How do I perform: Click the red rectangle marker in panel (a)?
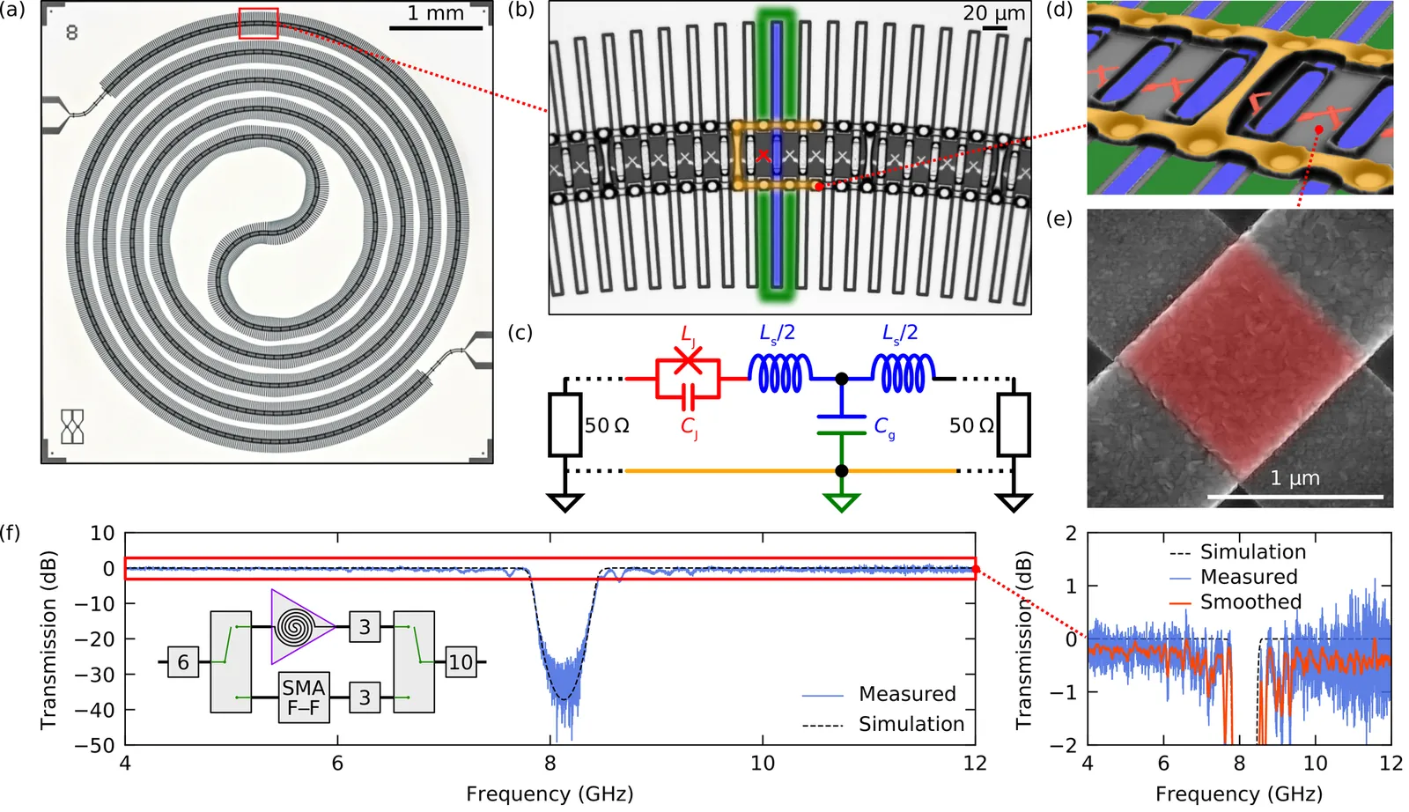(x=258, y=24)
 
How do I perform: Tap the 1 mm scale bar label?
(x=435, y=13)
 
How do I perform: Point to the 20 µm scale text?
(x=993, y=13)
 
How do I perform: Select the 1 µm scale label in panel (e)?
(x=1295, y=478)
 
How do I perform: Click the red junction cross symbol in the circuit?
(x=688, y=361)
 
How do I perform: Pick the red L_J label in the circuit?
(x=689, y=335)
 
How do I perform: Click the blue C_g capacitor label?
(x=884, y=427)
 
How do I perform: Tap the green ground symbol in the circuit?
(x=842, y=503)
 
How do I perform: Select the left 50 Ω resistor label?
(x=607, y=425)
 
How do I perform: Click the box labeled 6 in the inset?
(x=183, y=662)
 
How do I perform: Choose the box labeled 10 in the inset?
(x=461, y=662)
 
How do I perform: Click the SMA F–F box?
(x=304, y=698)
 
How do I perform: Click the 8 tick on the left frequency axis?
(x=550, y=763)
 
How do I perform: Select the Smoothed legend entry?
(x=1250, y=602)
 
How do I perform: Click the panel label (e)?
(x=1059, y=218)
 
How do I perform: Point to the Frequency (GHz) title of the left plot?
(x=550, y=794)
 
